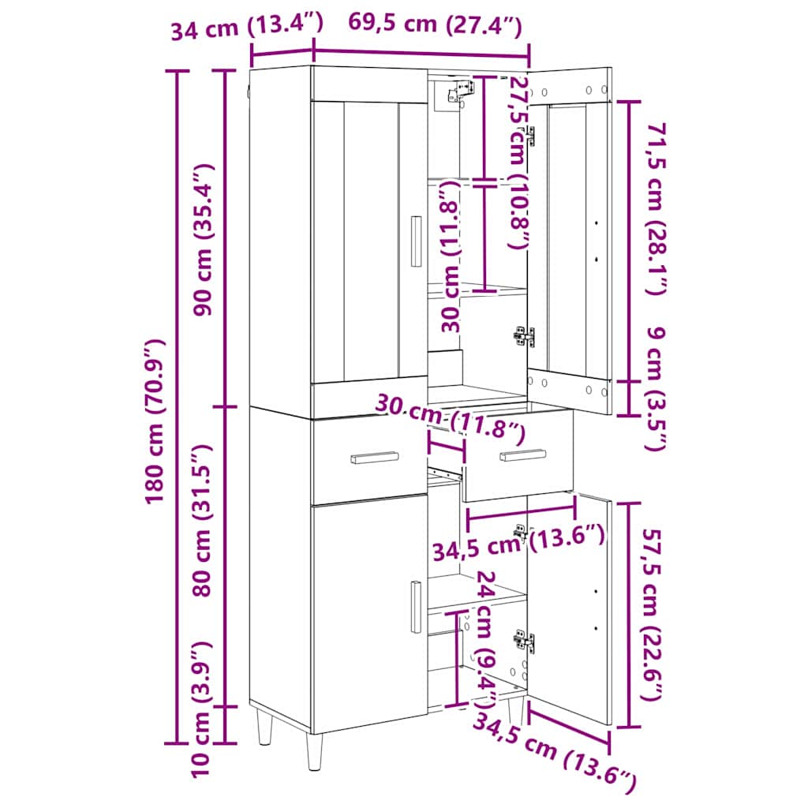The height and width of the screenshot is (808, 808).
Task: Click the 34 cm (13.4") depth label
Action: coord(247,26)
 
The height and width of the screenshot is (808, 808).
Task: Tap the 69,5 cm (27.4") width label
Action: coord(436,23)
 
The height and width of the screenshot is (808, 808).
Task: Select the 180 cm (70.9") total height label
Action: coord(154,421)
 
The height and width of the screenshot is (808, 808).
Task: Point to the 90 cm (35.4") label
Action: coord(203,239)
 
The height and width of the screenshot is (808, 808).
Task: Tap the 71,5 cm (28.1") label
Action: coord(656,208)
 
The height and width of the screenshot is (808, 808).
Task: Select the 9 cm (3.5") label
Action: coord(656,389)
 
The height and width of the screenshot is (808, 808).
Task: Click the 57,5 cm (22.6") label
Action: coord(651,615)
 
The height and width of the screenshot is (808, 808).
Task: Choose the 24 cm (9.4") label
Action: coord(485,638)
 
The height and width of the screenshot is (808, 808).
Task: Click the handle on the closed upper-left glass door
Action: coord(416,241)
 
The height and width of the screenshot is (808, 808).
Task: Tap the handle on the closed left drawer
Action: coord(375,458)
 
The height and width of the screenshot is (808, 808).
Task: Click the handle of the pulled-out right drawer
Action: coord(522,455)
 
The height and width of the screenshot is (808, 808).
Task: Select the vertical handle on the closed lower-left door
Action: coord(416,607)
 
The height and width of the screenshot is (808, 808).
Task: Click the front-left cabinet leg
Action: coord(314,750)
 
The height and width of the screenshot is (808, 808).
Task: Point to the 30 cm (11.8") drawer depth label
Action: coord(450,416)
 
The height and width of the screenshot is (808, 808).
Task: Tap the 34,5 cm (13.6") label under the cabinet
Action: coord(555,753)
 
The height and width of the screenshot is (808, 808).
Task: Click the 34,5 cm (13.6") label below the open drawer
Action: coord(518,544)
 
